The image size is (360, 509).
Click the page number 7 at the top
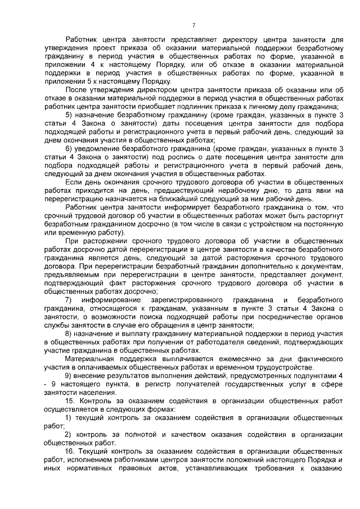click(x=193, y=25)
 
